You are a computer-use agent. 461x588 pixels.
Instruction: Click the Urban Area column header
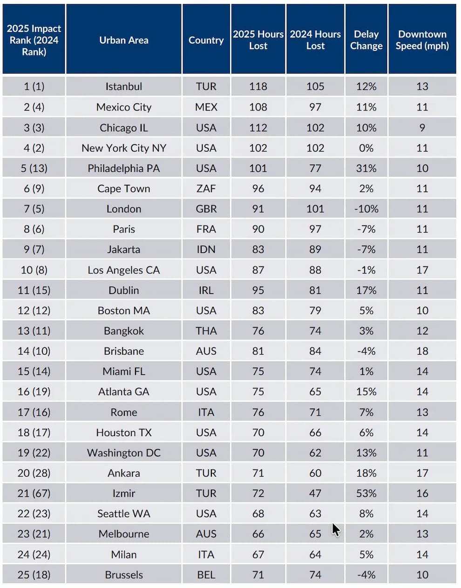click(x=123, y=40)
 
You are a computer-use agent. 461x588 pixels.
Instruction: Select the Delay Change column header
click(x=366, y=40)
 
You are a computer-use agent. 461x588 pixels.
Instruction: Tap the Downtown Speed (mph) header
click(x=422, y=40)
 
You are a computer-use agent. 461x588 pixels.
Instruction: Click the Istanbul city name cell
click(x=123, y=86)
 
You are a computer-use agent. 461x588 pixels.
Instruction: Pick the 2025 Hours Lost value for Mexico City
click(x=258, y=107)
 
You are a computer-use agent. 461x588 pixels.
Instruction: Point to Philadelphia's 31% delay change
click(x=366, y=168)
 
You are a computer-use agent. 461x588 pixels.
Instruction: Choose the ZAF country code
click(x=206, y=189)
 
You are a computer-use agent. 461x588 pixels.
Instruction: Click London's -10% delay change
click(x=366, y=209)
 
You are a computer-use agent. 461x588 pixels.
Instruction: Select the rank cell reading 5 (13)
click(x=34, y=168)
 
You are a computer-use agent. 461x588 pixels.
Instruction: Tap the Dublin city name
click(x=123, y=290)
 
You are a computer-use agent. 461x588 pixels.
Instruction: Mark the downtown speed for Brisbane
click(x=422, y=351)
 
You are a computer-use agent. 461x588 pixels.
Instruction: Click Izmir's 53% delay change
click(x=366, y=493)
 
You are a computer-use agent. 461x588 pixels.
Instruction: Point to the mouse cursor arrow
click(x=336, y=529)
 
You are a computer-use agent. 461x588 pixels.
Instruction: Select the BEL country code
click(x=206, y=574)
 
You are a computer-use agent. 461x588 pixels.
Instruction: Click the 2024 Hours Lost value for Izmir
click(x=315, y=493)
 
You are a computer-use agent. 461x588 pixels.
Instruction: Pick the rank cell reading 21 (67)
click(x=34, y=493)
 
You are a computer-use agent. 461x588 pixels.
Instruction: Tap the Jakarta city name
click(x=123, y=249)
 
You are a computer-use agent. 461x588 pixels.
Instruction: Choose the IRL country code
click(x=206, y=290)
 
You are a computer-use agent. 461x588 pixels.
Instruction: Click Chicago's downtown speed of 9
click(x=422, y=128)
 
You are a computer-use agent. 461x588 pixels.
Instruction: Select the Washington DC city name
click(x=123, y=453)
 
